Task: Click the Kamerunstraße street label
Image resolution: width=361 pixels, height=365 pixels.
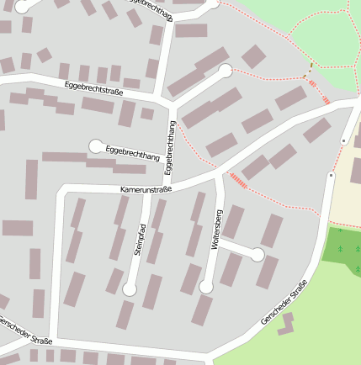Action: [146, 189]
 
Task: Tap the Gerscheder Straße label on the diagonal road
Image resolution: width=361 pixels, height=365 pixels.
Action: [284, 303]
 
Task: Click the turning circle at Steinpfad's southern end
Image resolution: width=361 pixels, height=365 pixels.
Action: [129, 289]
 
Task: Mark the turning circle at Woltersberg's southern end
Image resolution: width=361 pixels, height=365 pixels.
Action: [206, 288]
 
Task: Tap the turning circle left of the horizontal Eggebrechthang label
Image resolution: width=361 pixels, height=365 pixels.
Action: [96, 146]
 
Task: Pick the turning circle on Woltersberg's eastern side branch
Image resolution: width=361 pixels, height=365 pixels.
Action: [257, 254]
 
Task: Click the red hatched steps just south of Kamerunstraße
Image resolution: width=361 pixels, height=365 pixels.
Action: [238, 180]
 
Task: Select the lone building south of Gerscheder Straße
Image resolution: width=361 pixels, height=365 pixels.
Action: [288, 323]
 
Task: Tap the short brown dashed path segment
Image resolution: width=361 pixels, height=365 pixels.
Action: [311, 66]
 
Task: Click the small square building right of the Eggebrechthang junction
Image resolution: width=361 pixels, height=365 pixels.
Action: [147, 114]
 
